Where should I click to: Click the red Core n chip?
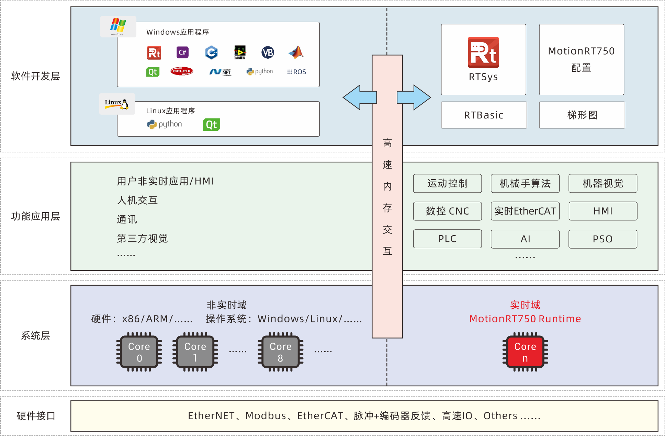525,352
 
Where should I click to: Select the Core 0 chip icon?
139,352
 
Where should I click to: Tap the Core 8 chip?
280,352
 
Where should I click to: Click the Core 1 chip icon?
195,352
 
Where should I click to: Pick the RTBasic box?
484,115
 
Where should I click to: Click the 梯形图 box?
582,115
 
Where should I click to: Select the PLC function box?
447,239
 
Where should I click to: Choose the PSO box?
603,239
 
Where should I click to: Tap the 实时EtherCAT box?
525,211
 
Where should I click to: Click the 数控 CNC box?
447,211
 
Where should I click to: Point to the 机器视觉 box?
603,183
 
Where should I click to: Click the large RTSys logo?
483,52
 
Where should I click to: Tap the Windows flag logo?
118,26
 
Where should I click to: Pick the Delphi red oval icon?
182,71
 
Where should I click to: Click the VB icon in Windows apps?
268,53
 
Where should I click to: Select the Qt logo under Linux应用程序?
211,124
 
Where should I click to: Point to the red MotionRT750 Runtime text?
525,319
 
